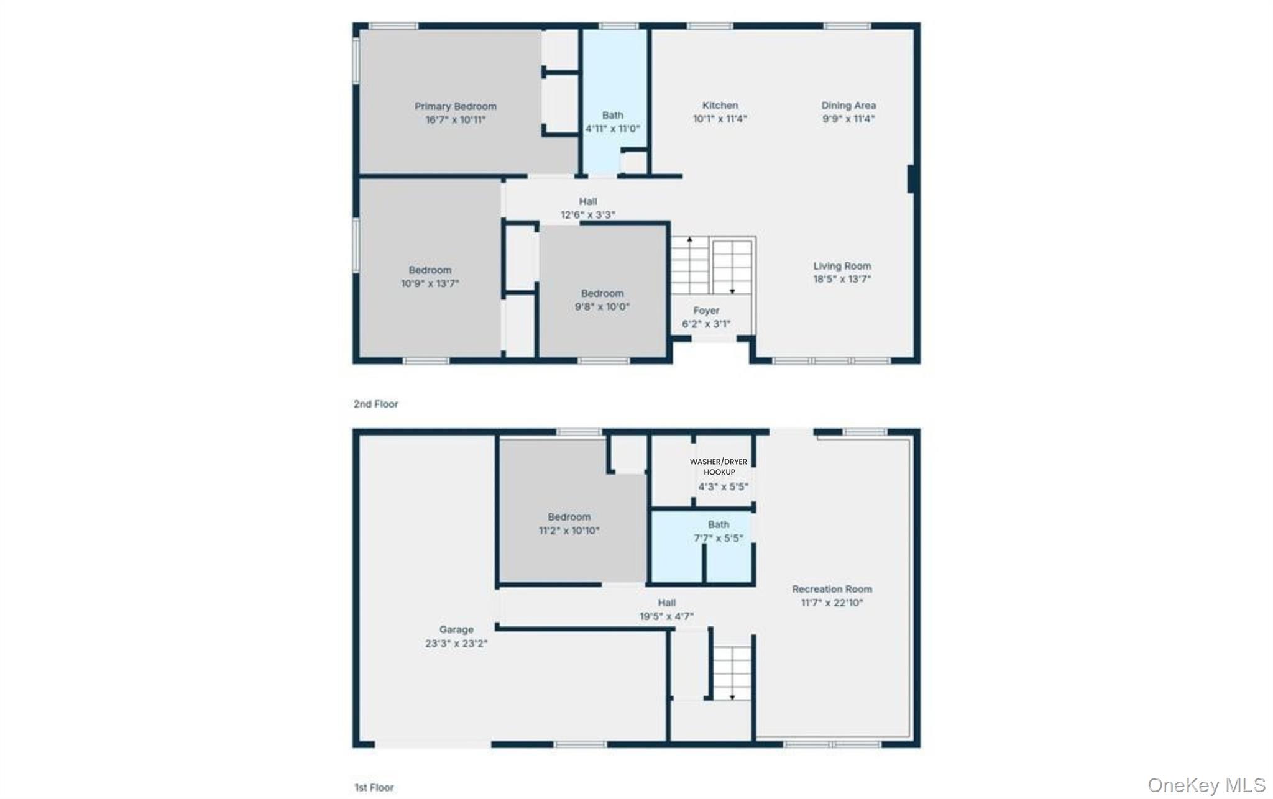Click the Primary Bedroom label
[456, 106]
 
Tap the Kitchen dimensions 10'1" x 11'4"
[720, 119]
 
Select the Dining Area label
[848, 106]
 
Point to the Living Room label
[842, 266]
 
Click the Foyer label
[706, 311]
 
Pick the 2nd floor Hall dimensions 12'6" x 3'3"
[588, 215]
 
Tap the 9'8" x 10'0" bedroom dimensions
[602, 307]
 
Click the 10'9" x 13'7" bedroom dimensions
[430, 284]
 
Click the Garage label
[456, 630]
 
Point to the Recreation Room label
[832, 589]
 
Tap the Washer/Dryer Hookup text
[719, 467]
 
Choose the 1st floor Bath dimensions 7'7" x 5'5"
[719, 539]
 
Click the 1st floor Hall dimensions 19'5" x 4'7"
[666, 616]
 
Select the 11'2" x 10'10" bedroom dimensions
[569, 531]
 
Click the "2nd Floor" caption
[376, 404]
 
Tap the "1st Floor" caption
[374, 787]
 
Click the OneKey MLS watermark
[1206, 785]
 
